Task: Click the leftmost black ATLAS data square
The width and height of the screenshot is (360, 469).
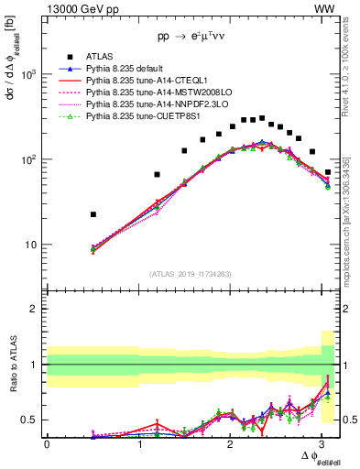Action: coord(93,214)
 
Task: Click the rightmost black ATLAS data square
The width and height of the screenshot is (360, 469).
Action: coord(328,172)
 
